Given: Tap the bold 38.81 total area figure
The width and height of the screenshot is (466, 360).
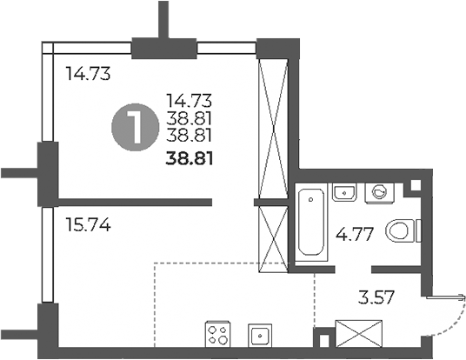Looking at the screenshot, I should [190, 158].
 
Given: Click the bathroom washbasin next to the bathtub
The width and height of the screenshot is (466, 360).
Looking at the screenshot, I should [343, 191].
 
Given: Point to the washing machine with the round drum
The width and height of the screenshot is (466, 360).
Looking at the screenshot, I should [378, 191].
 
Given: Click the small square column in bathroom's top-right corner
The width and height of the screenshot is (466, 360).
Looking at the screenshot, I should [415, 185].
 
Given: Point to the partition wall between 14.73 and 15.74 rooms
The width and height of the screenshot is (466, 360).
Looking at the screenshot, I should [130, 203].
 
